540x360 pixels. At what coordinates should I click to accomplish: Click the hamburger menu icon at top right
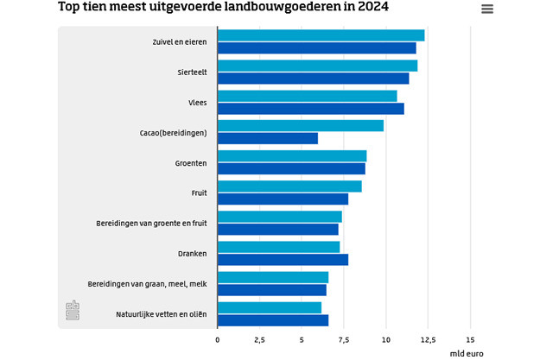(487, 9)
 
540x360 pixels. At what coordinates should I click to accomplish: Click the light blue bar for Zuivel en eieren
(321, 35)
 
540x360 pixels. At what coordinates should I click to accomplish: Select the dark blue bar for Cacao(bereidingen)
(268, 138)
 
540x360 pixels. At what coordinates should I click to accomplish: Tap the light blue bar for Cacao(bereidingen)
(301, 126)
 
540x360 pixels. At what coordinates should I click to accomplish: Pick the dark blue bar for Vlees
(311, 108)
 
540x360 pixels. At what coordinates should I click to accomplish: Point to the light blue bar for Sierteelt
(317, 66)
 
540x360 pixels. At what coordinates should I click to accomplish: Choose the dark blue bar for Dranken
(283, 259)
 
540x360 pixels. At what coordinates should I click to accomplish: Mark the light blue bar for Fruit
(289, 186)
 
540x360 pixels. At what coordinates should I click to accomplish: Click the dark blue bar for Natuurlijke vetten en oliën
(273, 320)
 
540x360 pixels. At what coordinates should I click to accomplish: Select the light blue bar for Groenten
(292, 156)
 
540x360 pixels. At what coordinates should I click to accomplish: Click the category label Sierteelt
(192, 72)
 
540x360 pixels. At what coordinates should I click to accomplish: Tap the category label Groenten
(190, 162)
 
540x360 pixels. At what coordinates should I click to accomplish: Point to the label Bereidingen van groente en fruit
(151, 223)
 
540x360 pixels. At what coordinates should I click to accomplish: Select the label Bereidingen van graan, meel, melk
(147, 283)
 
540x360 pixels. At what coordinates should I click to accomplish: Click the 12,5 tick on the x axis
(428, 340)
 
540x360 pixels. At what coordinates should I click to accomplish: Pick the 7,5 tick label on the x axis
(343, 340)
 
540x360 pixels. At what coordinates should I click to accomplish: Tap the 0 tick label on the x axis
(218, 340)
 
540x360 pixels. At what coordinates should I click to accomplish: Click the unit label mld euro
(467, 353)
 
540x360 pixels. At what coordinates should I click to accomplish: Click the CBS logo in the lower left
(73, 310)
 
